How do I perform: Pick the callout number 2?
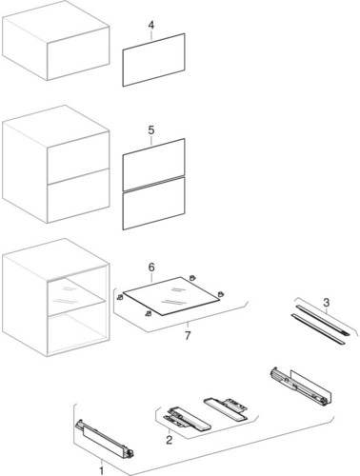[x=170, y=440]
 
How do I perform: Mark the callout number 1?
[x=103, y=468]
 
